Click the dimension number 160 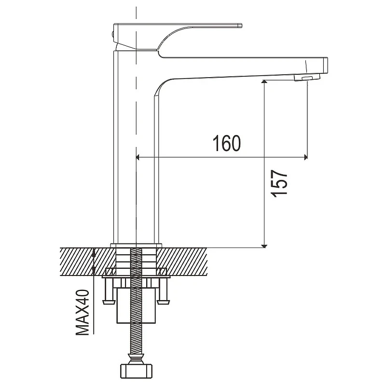226,143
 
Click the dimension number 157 279,183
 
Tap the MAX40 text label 82,312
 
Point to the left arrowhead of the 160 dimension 138,157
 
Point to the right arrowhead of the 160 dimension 305,157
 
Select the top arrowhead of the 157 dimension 264,82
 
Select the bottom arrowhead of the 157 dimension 264,246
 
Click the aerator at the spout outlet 307,77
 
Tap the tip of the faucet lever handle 241,25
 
